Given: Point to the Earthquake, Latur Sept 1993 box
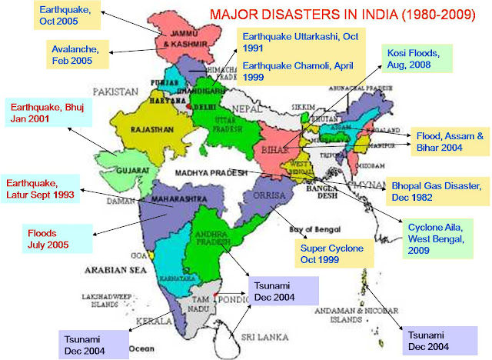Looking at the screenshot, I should coord(42,189).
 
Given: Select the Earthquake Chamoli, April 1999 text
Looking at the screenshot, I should coord(291,70).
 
